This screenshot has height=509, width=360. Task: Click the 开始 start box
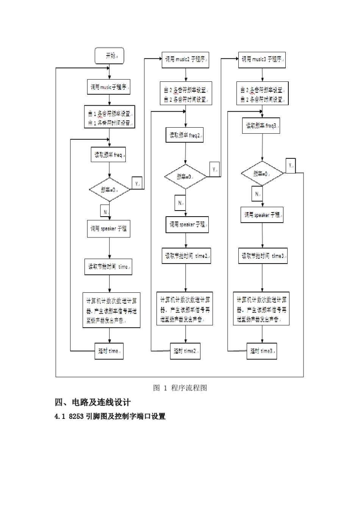pyautogui.click(x=109, y=56)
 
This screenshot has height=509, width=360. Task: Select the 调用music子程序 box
pyautogui.click(x=109, y=87)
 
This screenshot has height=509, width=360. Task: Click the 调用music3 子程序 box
pyautogui.click(x=262, y=60)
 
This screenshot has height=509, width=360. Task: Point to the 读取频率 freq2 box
pyautogui.click(x=185, y=135)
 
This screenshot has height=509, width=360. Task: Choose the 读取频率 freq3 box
pyautogui.click(x=261, y=126)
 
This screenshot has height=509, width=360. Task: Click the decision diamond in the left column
pyautogui.click(x=109, y=189)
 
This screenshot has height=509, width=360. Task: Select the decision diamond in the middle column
pyautogui.click(x=185, y=176)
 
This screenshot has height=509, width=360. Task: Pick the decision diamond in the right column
pyautogui.click(x=262, y=173)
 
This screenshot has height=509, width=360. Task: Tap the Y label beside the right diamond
pyautogui.click(x=291, y=166)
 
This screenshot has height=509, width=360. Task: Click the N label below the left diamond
pyautogui.click(x=105, y=211)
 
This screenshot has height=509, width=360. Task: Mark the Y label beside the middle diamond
pyautogui.click(x=214, y=169)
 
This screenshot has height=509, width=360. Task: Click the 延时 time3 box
pyautogui.click(x=261, y=351)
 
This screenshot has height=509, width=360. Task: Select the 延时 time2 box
pyautogui.click(x=185, y=351)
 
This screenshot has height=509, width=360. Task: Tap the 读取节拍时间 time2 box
pyautogui.click(x=186, y=256)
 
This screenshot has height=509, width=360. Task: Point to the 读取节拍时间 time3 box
pyautogui.click(x=262, y=256)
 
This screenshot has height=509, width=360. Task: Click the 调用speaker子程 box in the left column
pyautogui.click(x=109, y=229)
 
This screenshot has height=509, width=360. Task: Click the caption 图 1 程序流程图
pyautogui.click(x=180, y=388)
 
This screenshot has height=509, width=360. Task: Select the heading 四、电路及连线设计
pyautogui.click(x=93, y=402)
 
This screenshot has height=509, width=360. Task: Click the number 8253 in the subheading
pyautogui.click(x=76, y=417)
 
